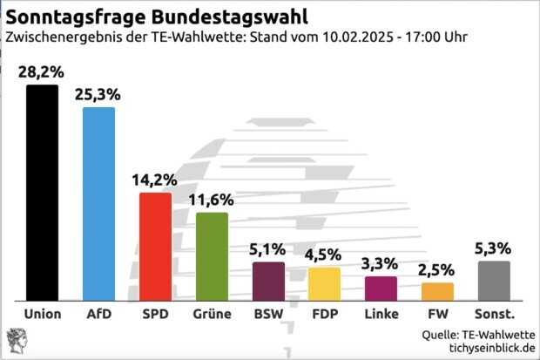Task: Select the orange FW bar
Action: point(437,291)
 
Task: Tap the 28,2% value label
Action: point(42,71)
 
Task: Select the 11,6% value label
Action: point(212,200)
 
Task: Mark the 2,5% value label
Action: point(437,270)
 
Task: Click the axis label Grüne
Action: point(212,314)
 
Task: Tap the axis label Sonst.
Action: point(494,314)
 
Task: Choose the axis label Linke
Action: point(381,314)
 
